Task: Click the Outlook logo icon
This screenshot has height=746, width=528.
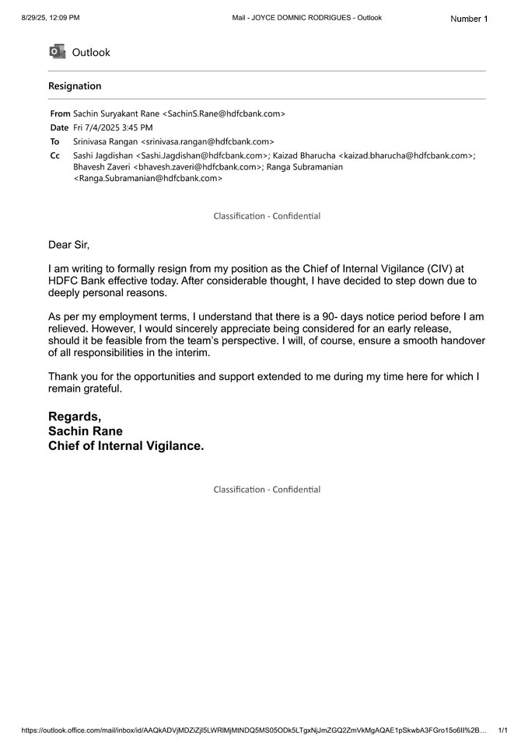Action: [x=56, y=52]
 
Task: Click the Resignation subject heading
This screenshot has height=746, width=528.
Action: [x=75, y=86]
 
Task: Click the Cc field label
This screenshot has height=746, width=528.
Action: [x=54, y=155]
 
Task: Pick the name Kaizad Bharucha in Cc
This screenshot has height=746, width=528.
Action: [x=304, y=155]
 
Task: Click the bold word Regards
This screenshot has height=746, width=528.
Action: [x=75, y=417]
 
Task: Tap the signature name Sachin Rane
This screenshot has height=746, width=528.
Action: [x=86, y=431]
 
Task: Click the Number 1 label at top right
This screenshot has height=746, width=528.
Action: [x=469, y=19]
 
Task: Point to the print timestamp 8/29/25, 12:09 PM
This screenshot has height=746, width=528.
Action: [x=51, y=17]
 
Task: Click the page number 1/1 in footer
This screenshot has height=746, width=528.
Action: [x=502, y=730]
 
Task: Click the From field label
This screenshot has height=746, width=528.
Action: [x=60, y=113]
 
